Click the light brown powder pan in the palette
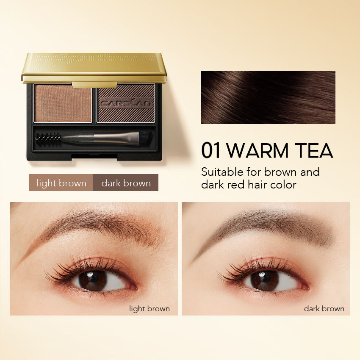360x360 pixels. click(63, 103)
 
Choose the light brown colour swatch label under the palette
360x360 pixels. click(61, 183)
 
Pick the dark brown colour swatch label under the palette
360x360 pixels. click(126, 183)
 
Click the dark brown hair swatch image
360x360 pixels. click(268, 97)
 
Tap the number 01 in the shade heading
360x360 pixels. click(212, 151)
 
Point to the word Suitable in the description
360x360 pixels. click(223, 172)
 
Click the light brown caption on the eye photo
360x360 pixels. click(150, 309)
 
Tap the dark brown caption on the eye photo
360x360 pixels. click(324, 309)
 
